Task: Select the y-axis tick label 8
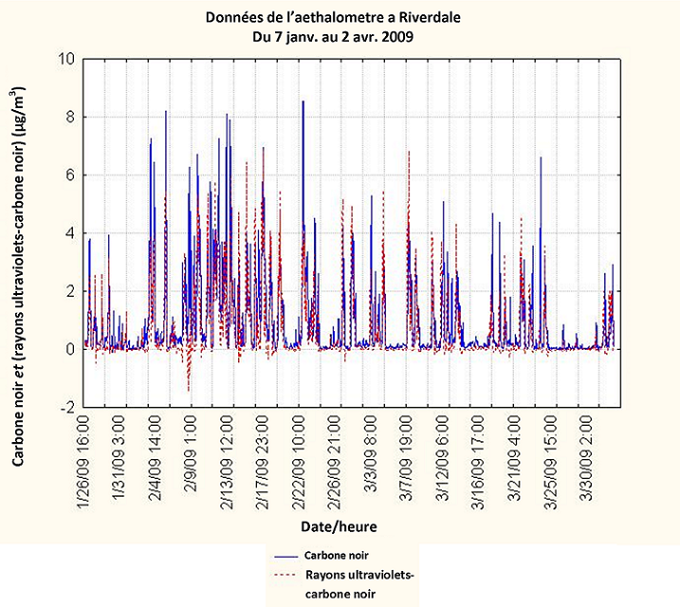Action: [x=68, y=117]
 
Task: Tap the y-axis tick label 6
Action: [x=68, y=175]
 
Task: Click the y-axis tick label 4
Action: [x=68, y=233]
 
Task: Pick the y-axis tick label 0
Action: [x=68, y=349]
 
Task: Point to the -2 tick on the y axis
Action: [x=65, y=407]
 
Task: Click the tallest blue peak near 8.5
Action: [x=303, y=102]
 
